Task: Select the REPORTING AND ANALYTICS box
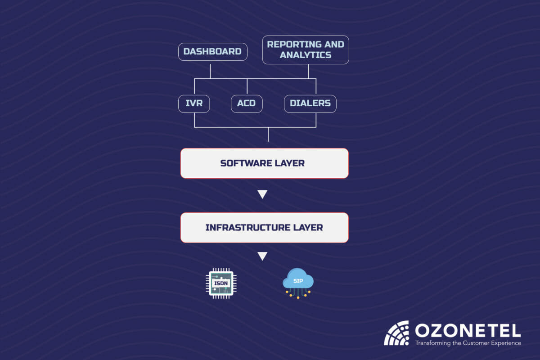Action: (x=306, y=50)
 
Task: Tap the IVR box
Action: (x=194, y=103)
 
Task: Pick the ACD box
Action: (x=247, y=103)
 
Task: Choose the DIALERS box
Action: (x=310, y=103)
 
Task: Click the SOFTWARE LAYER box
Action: (x=264, y=163)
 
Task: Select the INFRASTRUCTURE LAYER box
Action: (x=264, y=227)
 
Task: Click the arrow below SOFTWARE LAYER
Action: (x=262, y=194)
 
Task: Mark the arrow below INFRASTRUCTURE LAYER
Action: (x=262, y=256)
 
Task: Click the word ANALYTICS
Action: (x=306, y=55)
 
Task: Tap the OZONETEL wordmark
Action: (x=468, y=331)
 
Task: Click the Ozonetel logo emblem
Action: (x=396, y=333)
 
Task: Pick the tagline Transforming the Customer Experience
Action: (x=468, y=343)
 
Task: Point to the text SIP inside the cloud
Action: (x=297, y=280)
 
